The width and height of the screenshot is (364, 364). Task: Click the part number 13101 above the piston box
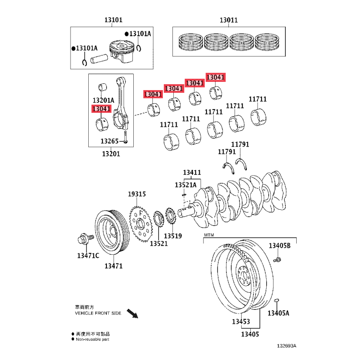point(113,20)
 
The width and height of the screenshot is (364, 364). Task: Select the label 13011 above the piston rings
point(229,20)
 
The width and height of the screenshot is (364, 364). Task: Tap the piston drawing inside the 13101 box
point(121,51)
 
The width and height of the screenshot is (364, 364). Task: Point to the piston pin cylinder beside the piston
point(99,59)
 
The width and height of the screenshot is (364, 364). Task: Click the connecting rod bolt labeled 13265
point(126,137)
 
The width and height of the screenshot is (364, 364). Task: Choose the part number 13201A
point(103,100)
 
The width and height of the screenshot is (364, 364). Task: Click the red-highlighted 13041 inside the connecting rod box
point(101,109)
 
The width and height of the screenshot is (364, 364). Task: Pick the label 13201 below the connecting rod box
point(111,154)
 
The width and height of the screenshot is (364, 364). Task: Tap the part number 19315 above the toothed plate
point(137,194)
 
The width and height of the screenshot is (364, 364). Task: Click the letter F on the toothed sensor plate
point(141,213)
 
